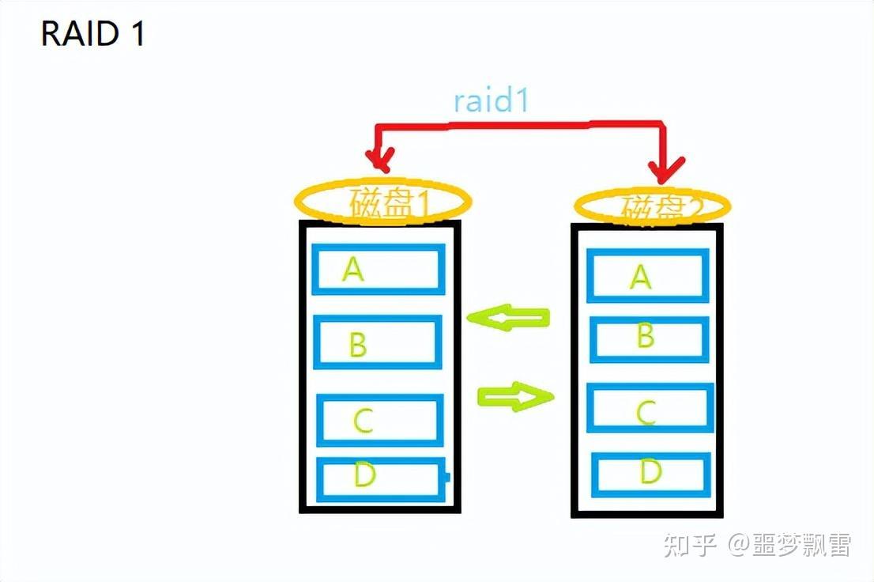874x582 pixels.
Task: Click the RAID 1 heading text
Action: coord(93,35)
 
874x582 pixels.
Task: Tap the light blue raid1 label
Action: coord(491,101)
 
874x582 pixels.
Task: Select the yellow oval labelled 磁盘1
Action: coord(382,202)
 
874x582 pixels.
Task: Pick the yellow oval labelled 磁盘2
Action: coord(652,207)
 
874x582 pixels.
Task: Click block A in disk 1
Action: coord(379,270)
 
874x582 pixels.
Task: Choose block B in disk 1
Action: coord(378,342)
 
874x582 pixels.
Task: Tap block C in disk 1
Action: coord(379,420)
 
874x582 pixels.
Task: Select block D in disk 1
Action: coord(380,479)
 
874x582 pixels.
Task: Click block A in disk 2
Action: coord(647,276)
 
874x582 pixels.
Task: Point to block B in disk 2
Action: coord(649,338)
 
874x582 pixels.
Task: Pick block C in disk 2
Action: coord(650,408)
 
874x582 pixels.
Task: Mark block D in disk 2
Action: coord(651,474)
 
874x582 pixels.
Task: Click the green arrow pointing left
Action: coord(507,318)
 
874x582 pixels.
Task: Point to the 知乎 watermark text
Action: coord(689,545)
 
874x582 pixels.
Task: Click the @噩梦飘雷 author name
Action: coord(789,545)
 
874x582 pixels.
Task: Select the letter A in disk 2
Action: coord(640,276)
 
